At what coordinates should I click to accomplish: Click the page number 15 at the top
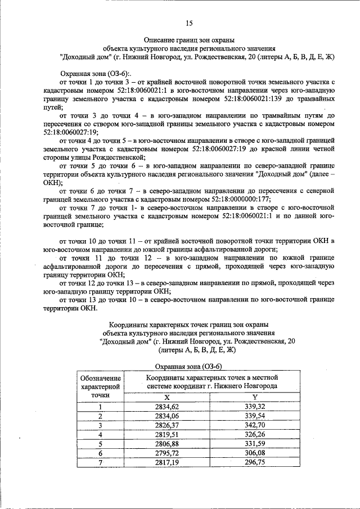(x=189, y=23)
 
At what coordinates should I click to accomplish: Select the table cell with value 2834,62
(x=166, y=407)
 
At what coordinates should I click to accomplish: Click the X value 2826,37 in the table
(x=166, y=425)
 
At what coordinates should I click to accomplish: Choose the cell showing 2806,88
(x=166, y=444)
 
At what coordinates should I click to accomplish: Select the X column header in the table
(x=166, y=397)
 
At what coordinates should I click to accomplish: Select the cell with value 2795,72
(x=166, y=453)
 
